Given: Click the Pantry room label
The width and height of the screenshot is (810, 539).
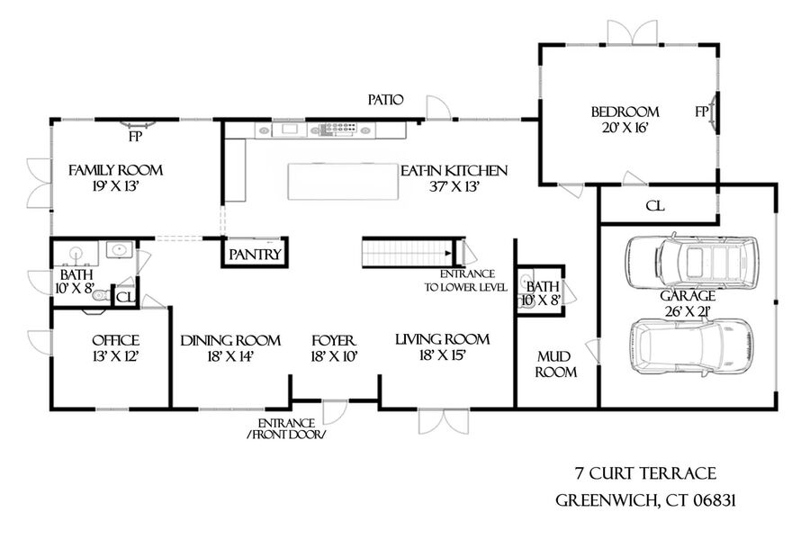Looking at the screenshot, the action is click(256, 255).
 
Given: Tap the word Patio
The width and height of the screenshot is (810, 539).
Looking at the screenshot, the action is click(385, 100).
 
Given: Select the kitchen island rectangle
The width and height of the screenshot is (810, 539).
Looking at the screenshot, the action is click(343, 181).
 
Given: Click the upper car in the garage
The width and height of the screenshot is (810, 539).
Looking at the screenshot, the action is click(692, 262).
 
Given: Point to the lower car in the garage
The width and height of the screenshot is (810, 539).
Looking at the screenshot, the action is click(691, 345).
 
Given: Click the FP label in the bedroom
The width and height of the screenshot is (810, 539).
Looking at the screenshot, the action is click(701, 112).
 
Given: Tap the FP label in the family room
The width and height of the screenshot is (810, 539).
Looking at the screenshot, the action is click(135, 137).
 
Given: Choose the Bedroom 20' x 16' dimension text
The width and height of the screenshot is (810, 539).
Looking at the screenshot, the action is click(625, 128).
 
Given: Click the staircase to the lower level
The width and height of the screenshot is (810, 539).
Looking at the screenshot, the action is click(407, 253).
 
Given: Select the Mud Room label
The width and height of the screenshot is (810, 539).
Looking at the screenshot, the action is click(555, 364).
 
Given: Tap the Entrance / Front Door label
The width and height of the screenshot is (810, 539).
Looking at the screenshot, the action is click(287, 429).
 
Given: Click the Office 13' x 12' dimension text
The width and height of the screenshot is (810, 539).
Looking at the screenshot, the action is click(115, 356).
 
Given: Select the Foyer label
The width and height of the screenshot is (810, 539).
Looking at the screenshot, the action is click(334, 341).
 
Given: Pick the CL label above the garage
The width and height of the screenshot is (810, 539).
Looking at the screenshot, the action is click(655, 206).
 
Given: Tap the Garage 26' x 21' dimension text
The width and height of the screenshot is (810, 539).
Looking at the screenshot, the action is click(688, 312).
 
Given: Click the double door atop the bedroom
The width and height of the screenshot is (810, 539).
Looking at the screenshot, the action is click(633, 32).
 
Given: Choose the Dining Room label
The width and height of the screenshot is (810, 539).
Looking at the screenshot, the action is click(230, 341).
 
